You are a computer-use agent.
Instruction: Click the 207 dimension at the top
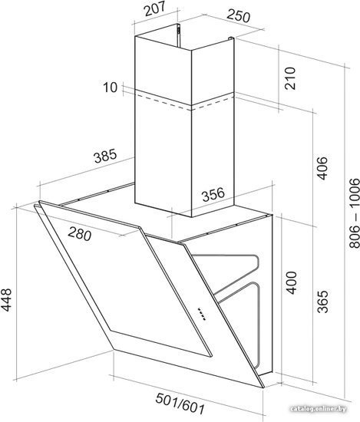pos(154,9)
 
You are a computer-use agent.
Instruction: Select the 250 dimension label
pos(238,15)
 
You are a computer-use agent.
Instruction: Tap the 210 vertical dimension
pos(290,78)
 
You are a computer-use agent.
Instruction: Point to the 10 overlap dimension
pos(111,87)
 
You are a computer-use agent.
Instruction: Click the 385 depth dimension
pos(105,156)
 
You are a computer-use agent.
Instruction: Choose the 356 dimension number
pos(213,194)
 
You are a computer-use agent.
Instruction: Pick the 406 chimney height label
pos(322,168)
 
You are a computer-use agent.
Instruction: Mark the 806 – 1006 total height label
pos(354,213)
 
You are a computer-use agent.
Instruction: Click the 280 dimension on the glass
pos(79,233)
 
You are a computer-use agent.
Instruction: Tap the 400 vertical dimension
pos(291,283)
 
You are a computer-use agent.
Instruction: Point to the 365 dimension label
pos(322,302)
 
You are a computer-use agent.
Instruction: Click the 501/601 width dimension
pos(180,404)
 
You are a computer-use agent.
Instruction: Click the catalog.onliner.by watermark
pos(319,409)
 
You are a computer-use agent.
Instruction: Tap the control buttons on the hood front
pos(201,314)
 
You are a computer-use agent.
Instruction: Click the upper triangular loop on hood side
pos(232,272)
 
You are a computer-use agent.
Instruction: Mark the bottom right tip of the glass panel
pos(263,387)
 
